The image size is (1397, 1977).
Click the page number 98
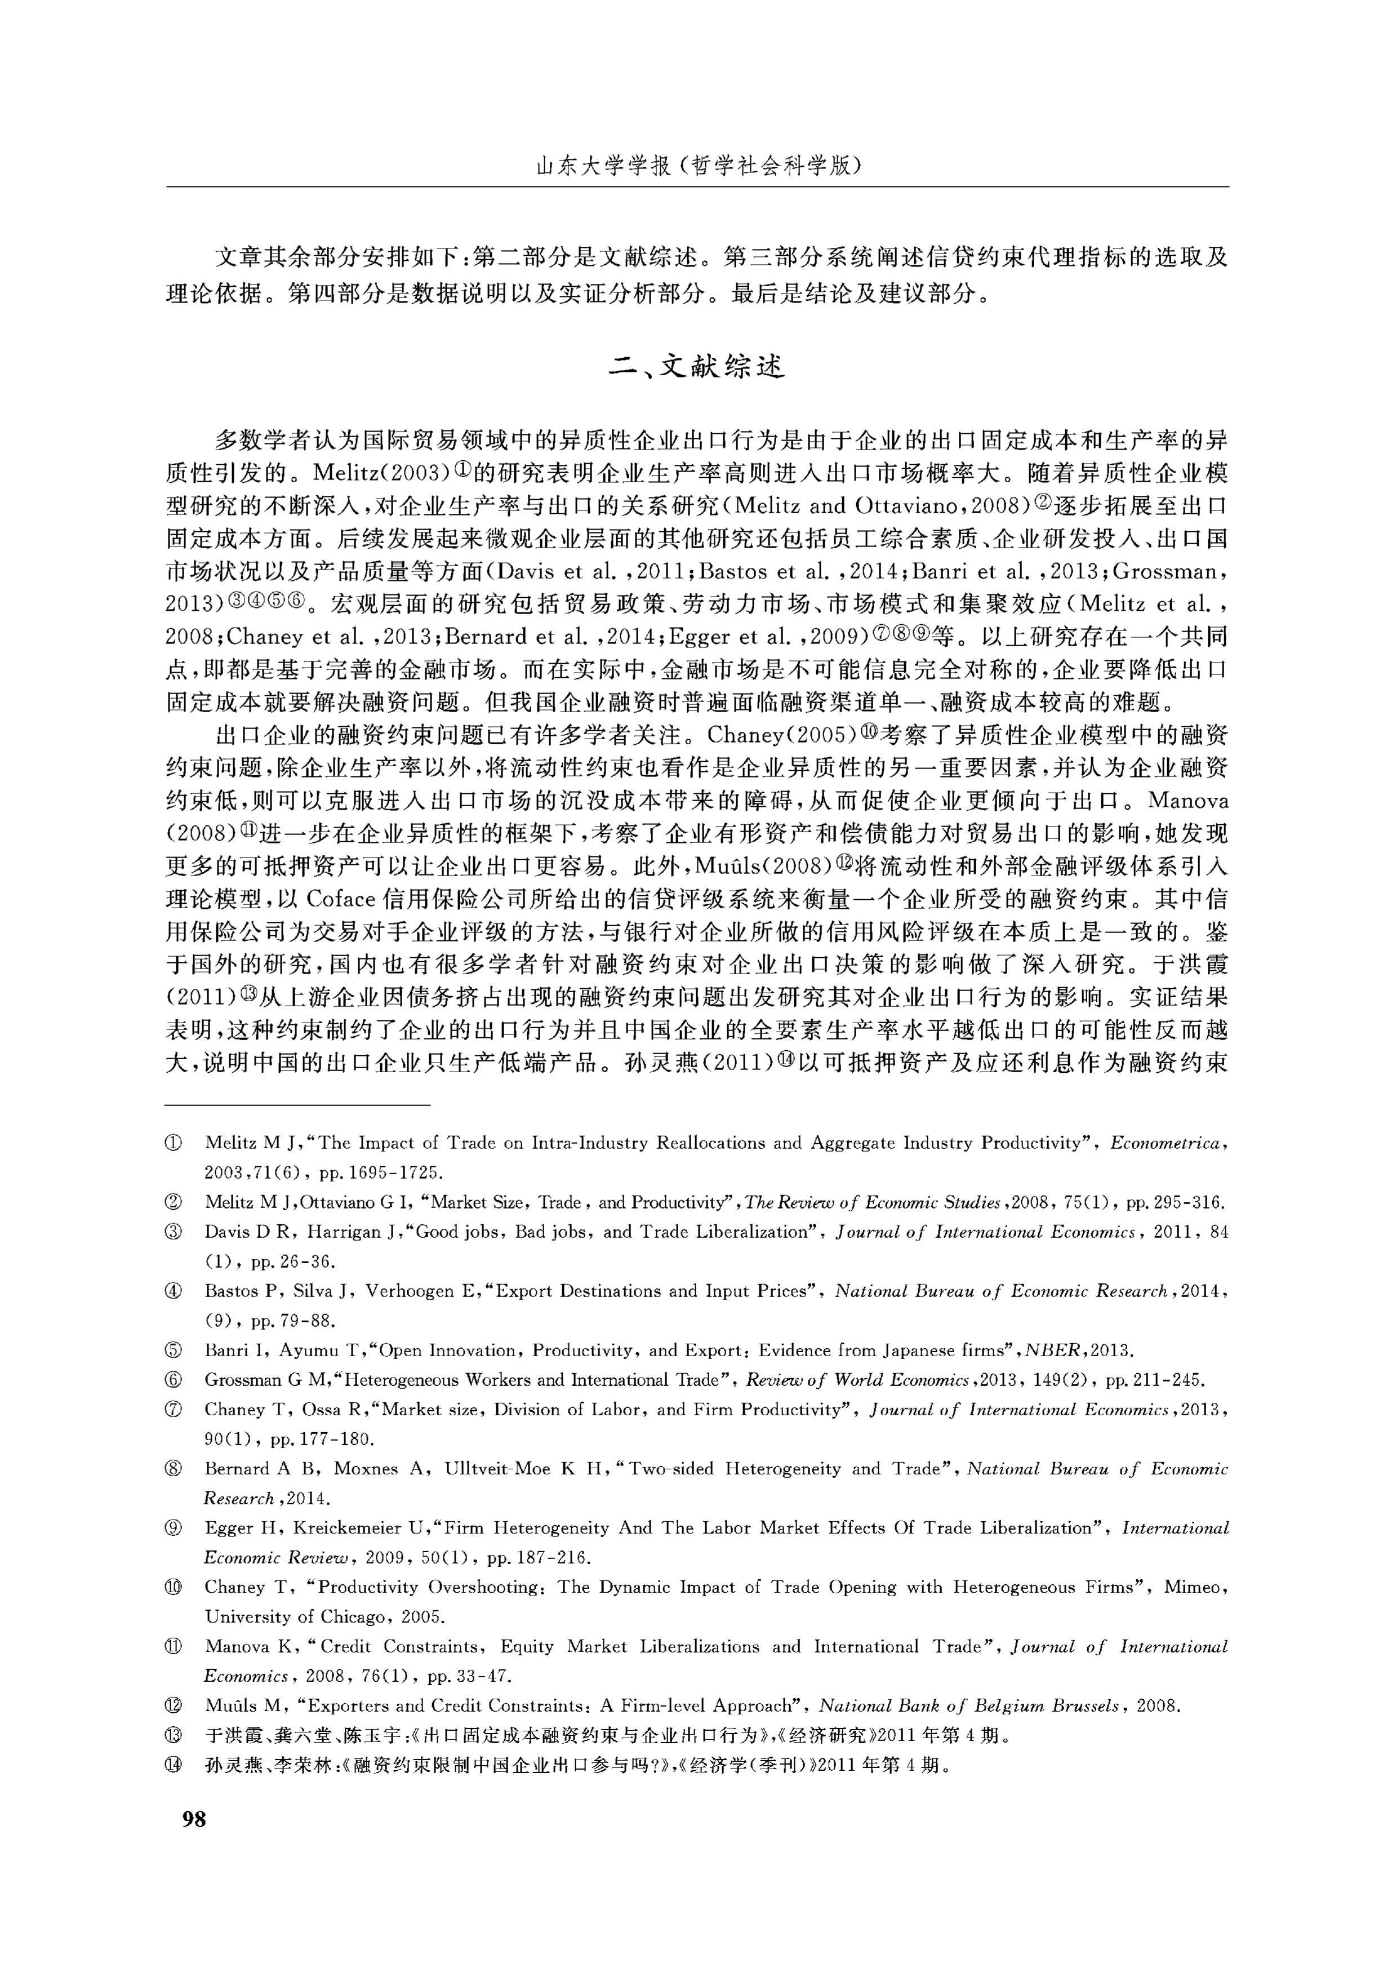(x=194, y=1819)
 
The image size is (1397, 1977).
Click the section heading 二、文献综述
(x=697, y=368)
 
